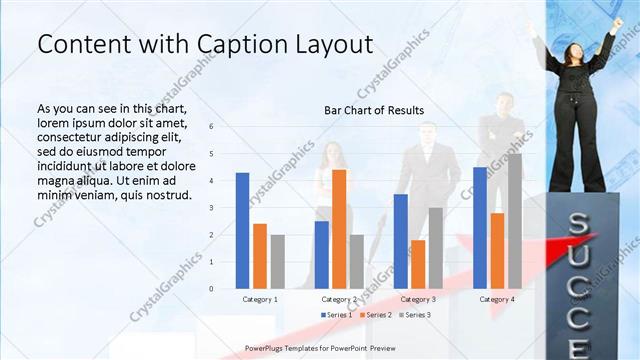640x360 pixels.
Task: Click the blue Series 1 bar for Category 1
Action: pyautogui.click(x=242, y=230)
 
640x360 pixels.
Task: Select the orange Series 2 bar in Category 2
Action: pyautogui.click(x=339, y=229)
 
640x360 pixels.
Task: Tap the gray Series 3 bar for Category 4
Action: pyautogui.click(x=514, y=221)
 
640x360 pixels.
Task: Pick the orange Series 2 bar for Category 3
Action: pyautogui.click(x=418, y=264)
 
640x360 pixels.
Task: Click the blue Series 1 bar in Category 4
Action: pyautogui.click(x=480, y=227)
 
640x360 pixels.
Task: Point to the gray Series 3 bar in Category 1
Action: pyautogui.click(x=277, y=261)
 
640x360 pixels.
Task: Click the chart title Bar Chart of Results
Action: pyautogui.click(x=374, y=110)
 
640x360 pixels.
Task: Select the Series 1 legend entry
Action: pyautogui.click(x=336, y=315)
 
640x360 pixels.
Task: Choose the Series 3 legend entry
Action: pyautogui.click(x=416, y=315)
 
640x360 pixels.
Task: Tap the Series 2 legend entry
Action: pyautogui.click(x=376, y=315)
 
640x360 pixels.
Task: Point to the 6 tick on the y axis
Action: pyautogui.click(x=211, y=127)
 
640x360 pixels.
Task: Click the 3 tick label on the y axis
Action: pyautogui.click(x=211, y=208)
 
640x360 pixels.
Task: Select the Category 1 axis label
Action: pyautogui.click(x=260, y=299)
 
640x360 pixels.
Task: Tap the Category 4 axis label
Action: pyautogui.click(x=497, y=299)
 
